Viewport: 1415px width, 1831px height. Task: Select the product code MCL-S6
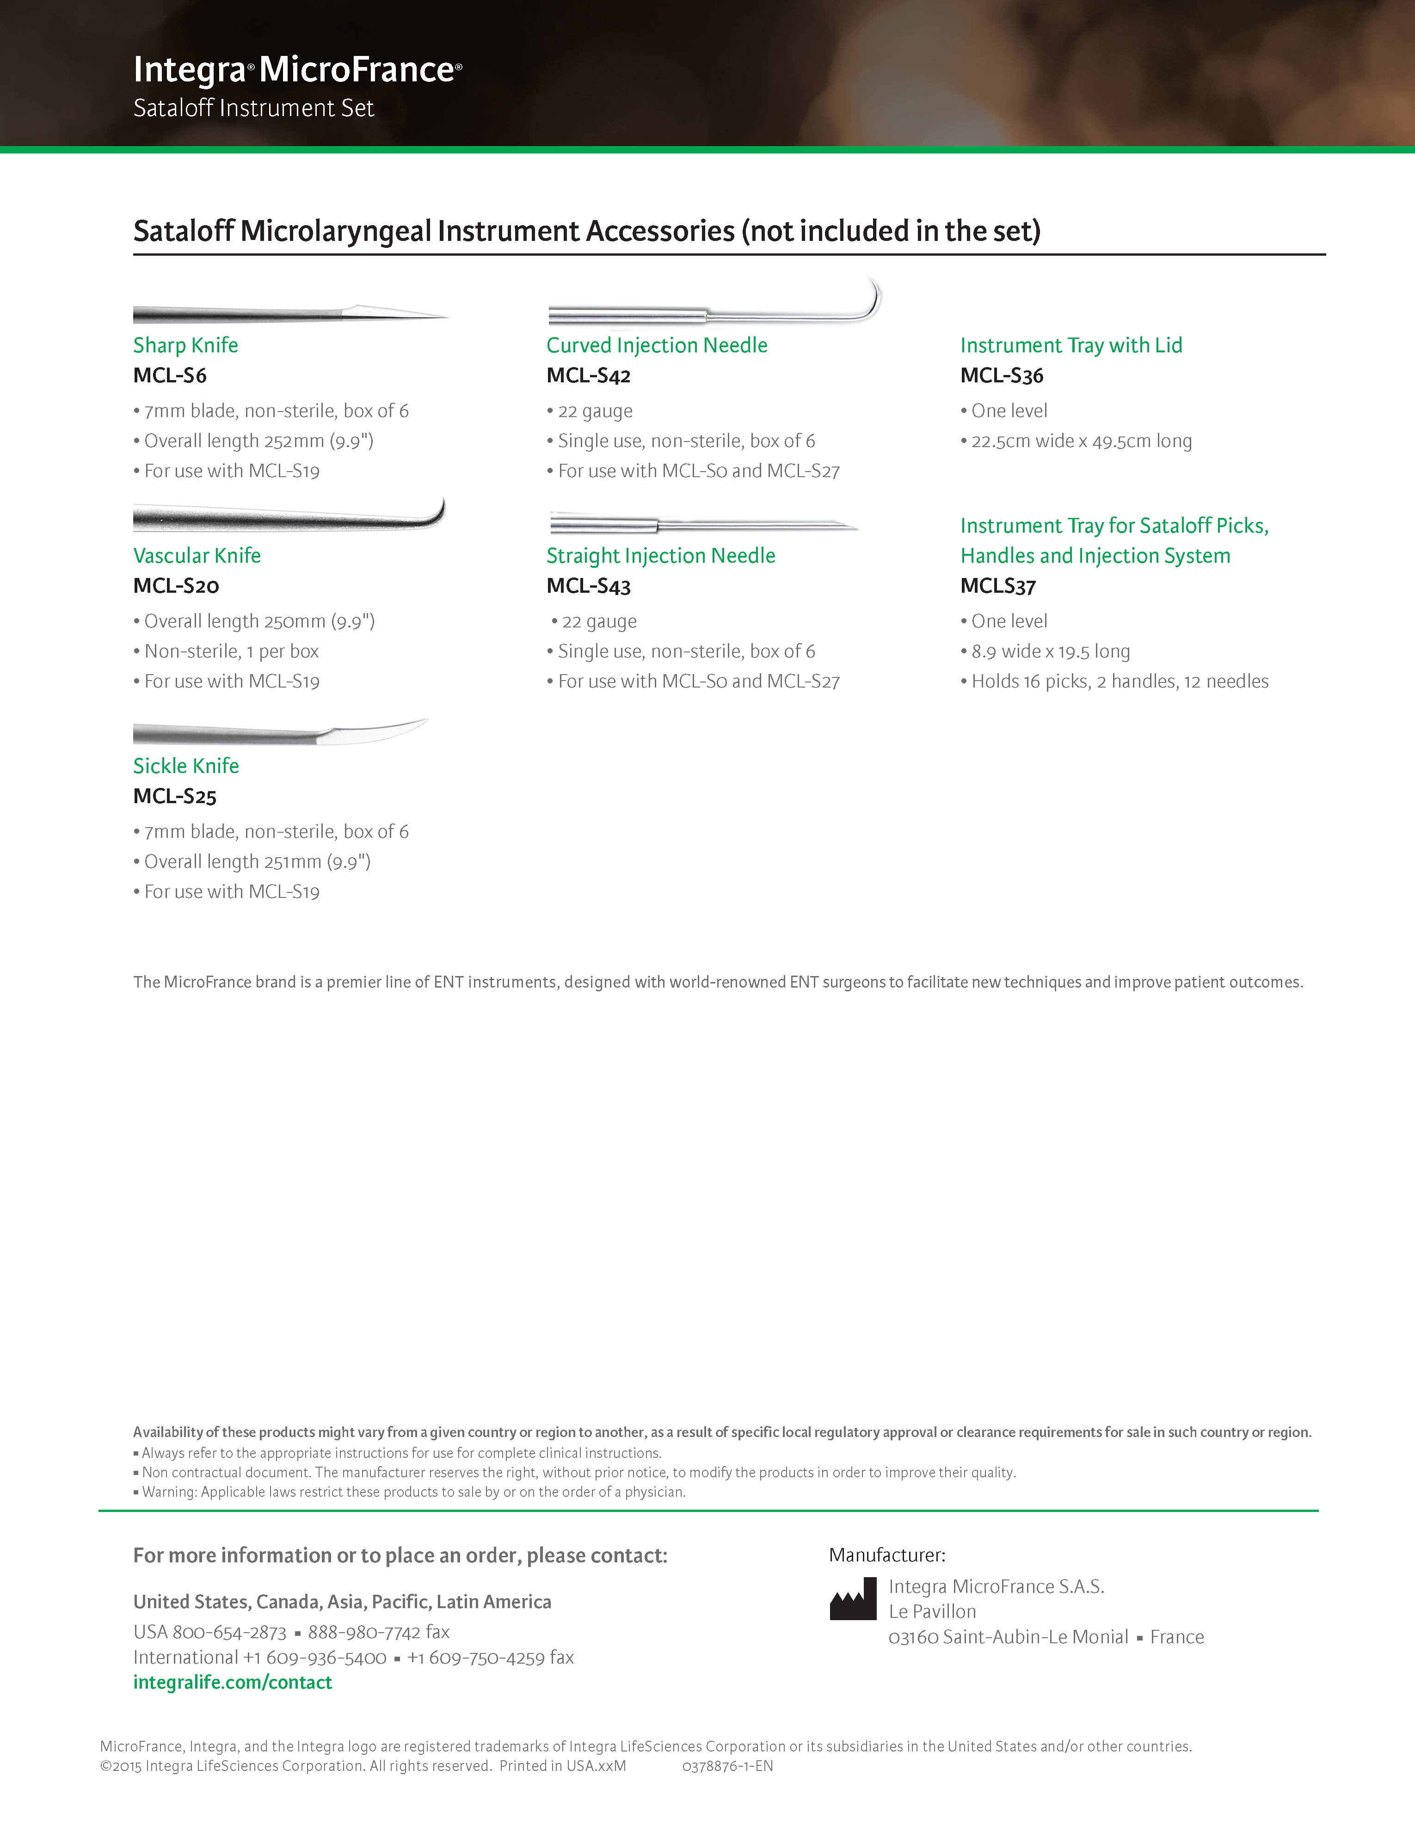[169, 375]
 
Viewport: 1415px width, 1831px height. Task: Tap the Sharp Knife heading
[185, 345]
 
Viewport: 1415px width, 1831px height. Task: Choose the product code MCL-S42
[588, 375]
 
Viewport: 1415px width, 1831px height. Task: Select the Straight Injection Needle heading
[660, 556]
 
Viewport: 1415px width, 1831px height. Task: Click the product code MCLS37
[997, 586]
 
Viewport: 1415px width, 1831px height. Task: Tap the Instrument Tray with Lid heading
[1070, 345]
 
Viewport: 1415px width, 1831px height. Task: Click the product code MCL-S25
[174, 797]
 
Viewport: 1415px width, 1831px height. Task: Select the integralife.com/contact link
[232, 1683]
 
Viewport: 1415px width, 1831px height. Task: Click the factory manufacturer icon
[853, 1599]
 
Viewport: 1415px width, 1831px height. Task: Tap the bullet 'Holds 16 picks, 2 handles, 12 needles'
[1119, 682]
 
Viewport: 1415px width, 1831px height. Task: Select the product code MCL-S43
[588, 586]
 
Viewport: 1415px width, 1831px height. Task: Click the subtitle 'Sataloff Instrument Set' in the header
[253, 108]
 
